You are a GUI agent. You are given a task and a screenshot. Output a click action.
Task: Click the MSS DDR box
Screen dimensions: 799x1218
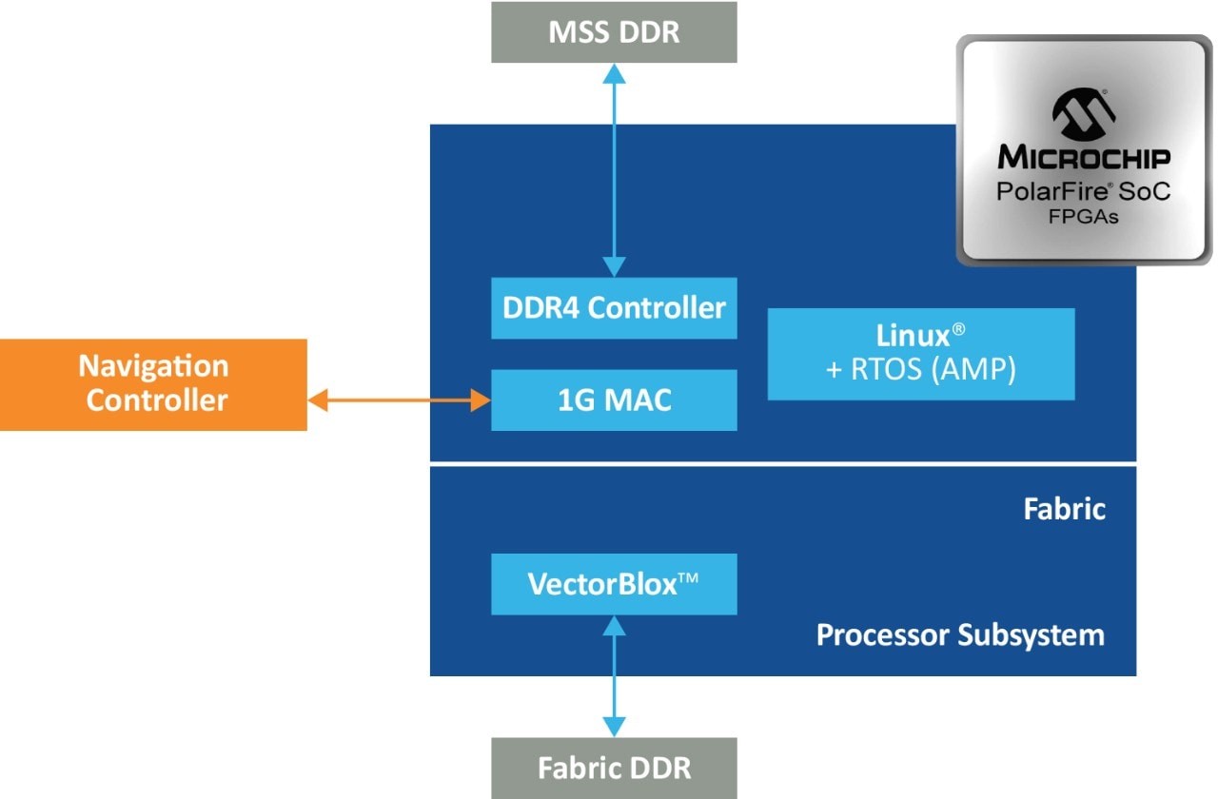point(614,32)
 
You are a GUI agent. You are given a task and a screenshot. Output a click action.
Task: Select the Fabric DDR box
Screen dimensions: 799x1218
point(614,768)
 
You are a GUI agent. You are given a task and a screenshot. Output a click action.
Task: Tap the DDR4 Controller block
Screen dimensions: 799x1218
point(614,308)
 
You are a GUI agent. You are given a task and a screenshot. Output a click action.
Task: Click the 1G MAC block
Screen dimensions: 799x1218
point(614,400)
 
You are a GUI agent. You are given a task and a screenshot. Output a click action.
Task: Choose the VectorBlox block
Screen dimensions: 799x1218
point(614,584)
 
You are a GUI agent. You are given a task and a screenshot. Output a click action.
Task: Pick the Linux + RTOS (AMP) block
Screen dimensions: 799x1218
point(920,354)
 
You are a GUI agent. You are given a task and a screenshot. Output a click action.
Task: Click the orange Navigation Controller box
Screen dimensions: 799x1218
point(153,384)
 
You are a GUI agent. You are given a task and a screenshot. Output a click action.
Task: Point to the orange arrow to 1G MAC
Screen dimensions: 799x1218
point(399,400)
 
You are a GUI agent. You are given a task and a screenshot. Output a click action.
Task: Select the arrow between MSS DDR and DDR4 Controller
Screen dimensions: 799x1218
point(615,170)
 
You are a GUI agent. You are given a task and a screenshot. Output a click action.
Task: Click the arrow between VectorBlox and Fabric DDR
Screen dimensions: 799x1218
point(615,675)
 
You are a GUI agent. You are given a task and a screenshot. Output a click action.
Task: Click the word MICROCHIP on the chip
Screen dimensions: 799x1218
point(1083,157)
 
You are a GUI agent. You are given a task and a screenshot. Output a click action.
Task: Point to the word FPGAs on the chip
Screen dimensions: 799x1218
point(1083,218)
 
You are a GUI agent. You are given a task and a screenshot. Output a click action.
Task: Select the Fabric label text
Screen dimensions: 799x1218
point(1064,509)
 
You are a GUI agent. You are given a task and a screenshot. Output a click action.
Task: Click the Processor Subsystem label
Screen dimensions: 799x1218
point(960,634)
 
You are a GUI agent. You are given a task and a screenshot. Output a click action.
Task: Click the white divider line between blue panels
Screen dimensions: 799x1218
point(782,463)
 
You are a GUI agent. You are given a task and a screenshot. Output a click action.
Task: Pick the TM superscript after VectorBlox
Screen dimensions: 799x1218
point(687,577)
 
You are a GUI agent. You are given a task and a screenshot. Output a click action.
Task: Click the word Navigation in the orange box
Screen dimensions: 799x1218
point(153,366)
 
